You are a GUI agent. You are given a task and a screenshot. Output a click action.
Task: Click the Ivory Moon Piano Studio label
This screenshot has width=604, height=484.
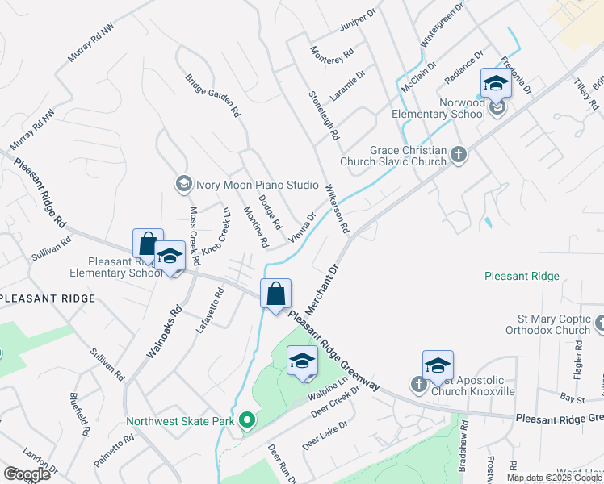pos(257,185)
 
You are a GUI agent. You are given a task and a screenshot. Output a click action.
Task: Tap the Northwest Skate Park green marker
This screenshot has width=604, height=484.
pos(248,420)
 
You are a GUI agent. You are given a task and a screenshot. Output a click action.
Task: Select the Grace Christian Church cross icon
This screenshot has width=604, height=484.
pos(459,155)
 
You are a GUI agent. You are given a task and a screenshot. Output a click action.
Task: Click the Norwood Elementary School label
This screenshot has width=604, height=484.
pos(439,108)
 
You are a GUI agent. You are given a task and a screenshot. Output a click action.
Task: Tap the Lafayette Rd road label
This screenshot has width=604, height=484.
pos(209,310)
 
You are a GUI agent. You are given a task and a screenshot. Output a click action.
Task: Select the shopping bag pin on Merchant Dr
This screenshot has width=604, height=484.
pos(275,293)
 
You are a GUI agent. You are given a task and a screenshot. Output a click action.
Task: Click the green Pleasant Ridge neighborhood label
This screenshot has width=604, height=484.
pos(522,276)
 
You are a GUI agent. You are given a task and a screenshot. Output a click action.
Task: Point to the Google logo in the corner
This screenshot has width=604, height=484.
pos(27,474)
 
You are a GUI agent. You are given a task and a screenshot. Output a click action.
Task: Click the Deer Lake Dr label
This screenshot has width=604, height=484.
pos(325,435)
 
